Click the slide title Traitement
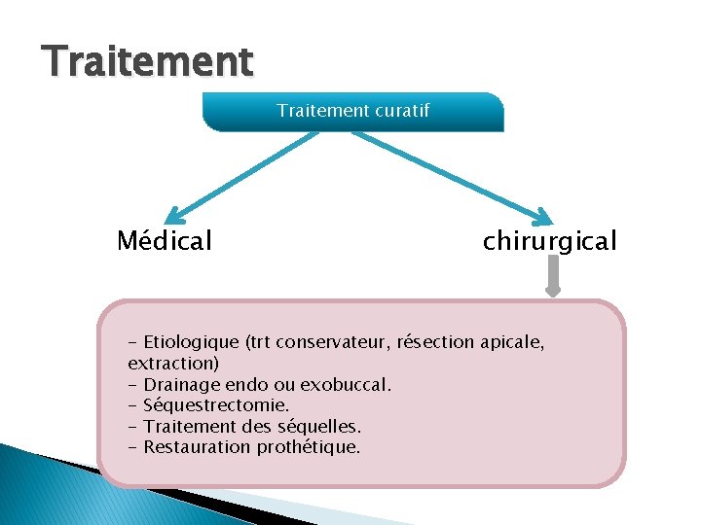[x=148, y=61]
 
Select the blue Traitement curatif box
[x=352, y=112]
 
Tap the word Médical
[x=164, y=240]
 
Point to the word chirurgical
[x=549, y=240]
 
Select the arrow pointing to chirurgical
[x=448, y=176]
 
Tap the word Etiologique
[x=191, y=342]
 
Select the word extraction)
[x=173, y=363]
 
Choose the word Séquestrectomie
[x=216, y=405]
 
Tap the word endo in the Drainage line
[x=249, y=384]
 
